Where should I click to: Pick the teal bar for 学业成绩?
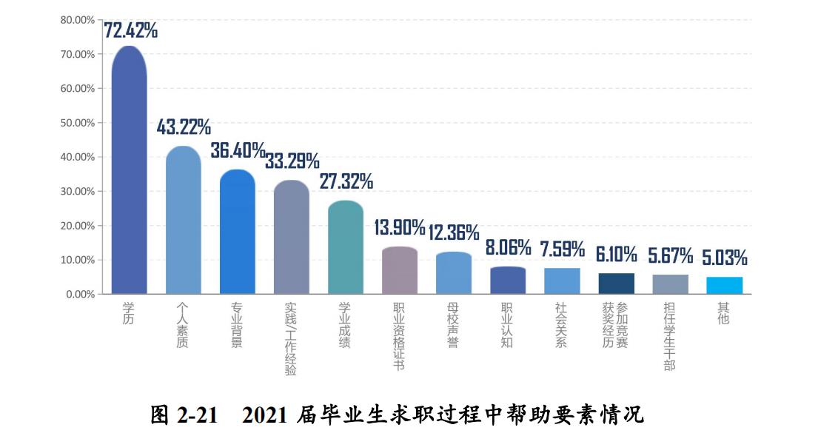345,247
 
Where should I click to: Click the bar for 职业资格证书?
400,271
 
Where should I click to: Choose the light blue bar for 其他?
724,286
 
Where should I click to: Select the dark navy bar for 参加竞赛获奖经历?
616,284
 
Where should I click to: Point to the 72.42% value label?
130,30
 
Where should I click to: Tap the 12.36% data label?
454,232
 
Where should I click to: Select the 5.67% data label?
670,256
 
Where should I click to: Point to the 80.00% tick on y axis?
77,20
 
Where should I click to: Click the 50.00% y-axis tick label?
77,123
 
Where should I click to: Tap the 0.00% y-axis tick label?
80,295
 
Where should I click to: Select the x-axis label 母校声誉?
453,325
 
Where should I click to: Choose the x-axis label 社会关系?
561,325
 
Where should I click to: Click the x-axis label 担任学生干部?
669,336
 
